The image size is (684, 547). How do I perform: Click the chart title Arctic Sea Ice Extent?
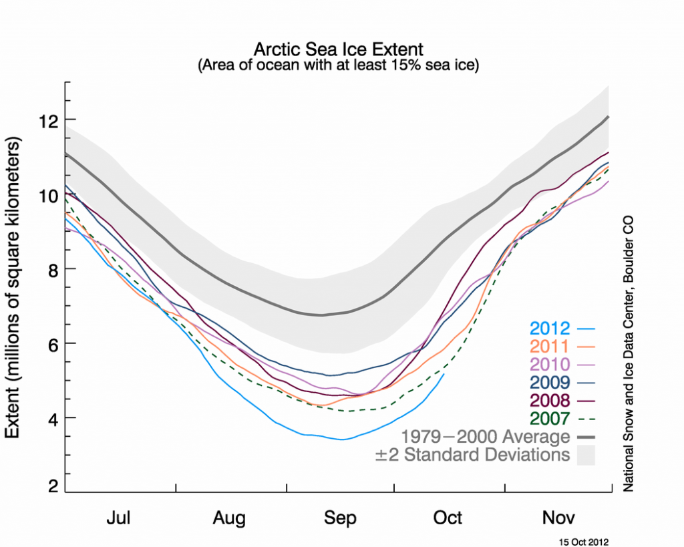[338, 50]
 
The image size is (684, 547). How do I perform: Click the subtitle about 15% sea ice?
[338, 66]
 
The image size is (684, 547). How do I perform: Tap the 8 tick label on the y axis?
[51, 269]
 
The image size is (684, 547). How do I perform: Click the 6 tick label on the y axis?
[51, 343]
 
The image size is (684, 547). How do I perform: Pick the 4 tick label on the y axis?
[51, 418]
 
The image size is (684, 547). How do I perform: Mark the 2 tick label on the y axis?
[51, 488]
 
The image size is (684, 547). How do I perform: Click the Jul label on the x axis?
[120, 518]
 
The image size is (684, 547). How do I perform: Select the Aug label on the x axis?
[229, 518]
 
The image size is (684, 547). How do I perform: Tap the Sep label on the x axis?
[340, 518]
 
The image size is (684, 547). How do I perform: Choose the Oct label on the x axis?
[447, 518]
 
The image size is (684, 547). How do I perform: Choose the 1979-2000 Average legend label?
[485, 437]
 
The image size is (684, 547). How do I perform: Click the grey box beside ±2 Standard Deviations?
[585, 455]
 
